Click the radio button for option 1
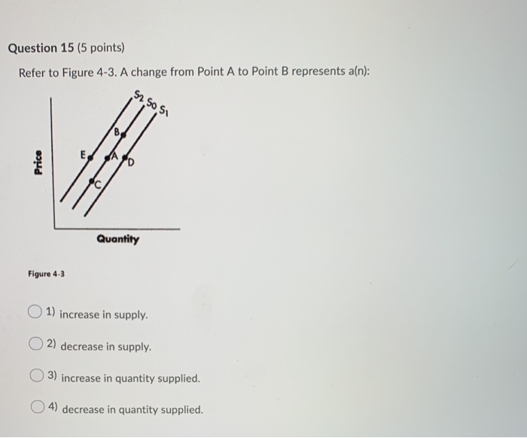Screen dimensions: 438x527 [35, 312]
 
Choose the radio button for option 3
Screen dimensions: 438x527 [37, 376]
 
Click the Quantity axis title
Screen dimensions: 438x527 [117, 239]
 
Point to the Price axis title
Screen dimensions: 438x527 [38, 163]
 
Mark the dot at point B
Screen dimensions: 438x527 [123, 136]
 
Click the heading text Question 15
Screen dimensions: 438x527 [43, 48]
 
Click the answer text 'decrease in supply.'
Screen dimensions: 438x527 [105, 347]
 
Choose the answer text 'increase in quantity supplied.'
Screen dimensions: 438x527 [130, 378]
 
